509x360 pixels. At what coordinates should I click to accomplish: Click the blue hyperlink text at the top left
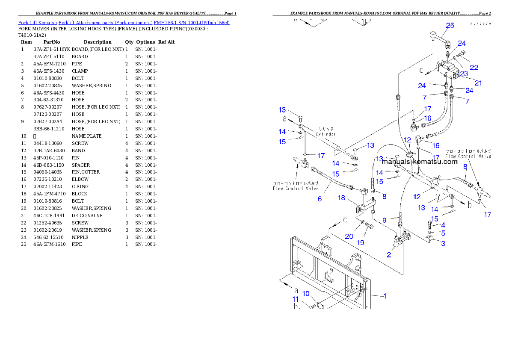pos(124,22)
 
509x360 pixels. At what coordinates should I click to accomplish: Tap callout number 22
pos(473,67)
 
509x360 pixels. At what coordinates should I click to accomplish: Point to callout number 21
pos(478,83)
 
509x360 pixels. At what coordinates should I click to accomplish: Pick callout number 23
pos(464,74)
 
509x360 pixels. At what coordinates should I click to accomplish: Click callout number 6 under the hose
pos(320,199)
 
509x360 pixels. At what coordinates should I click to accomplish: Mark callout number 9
pos(385,221)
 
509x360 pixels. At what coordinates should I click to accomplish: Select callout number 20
pos(349,236)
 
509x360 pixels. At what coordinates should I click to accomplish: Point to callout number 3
pos(443,243)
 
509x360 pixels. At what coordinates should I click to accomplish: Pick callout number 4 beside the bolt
pos(443,225)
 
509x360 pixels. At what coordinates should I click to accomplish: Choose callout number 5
pos(443,233)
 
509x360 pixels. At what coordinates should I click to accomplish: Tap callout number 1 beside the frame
pos(385,295)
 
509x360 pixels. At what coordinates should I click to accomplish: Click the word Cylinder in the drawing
pos(326,134)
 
